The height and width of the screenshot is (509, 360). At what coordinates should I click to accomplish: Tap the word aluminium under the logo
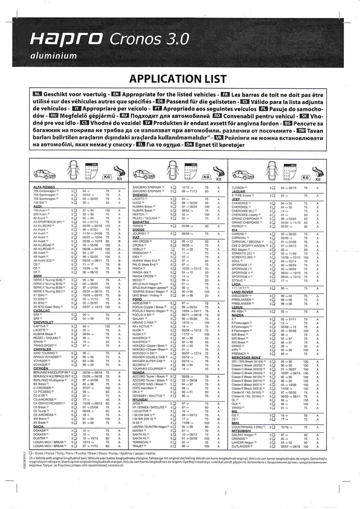coord(54,56)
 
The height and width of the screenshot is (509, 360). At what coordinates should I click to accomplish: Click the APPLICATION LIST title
coord(177,79)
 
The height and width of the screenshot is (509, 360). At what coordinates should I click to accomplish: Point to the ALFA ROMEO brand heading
coord(44,187)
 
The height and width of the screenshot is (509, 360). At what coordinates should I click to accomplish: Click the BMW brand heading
coord(37,275)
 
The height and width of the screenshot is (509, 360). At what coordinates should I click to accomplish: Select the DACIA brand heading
coord(39,427)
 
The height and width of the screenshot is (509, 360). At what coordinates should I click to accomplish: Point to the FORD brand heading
coord(137,299)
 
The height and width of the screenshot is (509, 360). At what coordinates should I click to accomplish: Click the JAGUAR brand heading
coord(238,192)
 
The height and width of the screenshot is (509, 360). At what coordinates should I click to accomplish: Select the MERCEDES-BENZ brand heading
coord(246,358)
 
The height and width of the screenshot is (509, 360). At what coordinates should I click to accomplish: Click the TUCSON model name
coord(238,188)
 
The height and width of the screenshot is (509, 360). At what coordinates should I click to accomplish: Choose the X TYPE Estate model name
coord(241,196)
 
